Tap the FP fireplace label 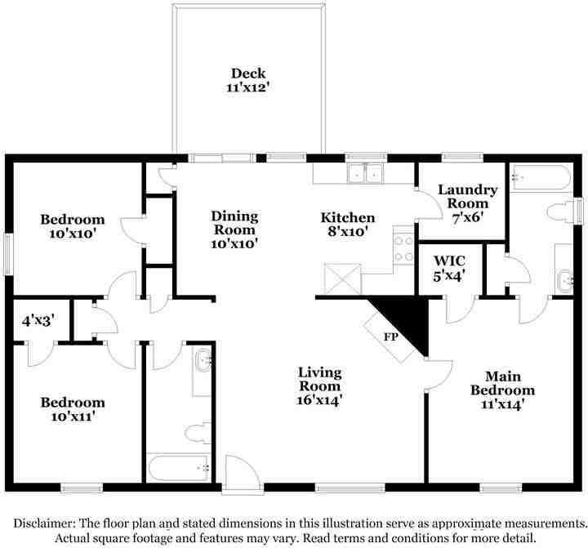pos(390,336)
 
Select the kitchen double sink pos(365,173)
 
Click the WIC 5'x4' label pos(449,268)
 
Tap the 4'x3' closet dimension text pos(38,320)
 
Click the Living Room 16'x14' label pos(319,386)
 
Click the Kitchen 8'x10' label pos(348,225)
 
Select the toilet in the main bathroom pos(560,212)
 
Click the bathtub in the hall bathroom pos(178,467)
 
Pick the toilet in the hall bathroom pos(198,432)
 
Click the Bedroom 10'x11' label pos(73,409)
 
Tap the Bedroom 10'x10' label pos(73,226)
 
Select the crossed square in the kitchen pos(343,278)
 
